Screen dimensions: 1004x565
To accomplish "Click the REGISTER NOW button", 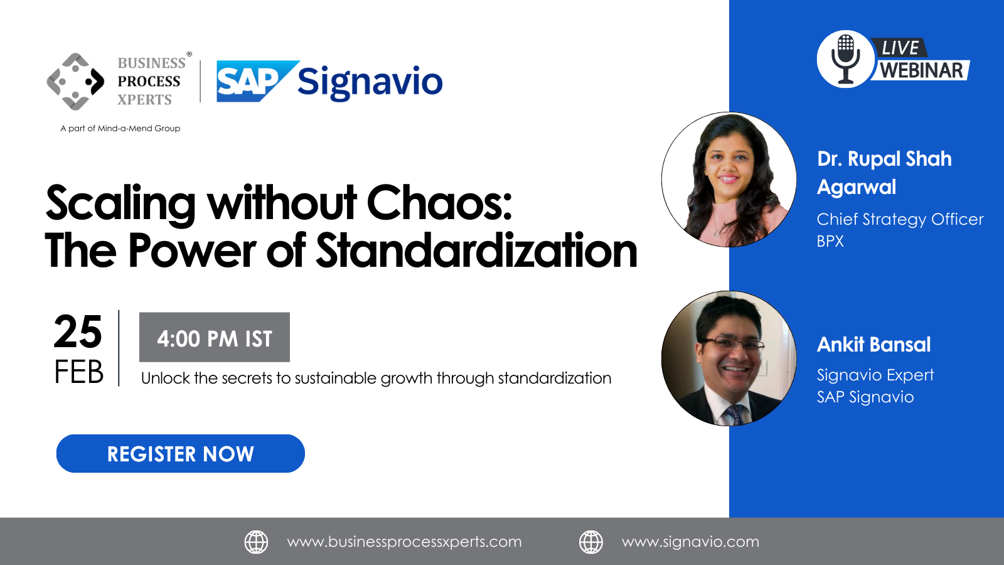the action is coord(180,453).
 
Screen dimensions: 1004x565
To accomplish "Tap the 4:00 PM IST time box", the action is coord(214,337).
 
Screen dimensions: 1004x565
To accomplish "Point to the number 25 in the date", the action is coord(78,331).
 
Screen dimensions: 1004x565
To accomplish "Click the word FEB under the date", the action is coord(79,372).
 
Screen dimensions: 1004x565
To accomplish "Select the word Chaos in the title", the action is coord(439,202).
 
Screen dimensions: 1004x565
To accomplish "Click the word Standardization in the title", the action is coord(477,250).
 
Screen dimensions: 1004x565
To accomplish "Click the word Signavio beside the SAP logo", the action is coord(370,83).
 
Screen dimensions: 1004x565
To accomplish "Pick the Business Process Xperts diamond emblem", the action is coord(75,82).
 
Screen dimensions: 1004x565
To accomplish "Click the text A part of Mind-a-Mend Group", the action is coord(120,128).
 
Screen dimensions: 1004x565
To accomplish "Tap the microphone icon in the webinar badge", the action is coord(845,59).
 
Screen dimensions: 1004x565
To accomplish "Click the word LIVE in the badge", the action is coord(900,48).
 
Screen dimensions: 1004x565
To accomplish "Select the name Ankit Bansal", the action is coord(873,345).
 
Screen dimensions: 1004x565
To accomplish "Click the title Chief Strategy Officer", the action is coord(900,219).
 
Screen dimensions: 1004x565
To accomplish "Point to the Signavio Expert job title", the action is coord(875,375).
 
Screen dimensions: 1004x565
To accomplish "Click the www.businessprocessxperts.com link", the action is coord(404,542).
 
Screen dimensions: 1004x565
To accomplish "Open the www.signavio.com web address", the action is coord(690,542).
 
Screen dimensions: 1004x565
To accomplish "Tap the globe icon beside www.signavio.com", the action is coord(590,542).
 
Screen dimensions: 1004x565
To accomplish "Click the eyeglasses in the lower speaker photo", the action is coord(732,345).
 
